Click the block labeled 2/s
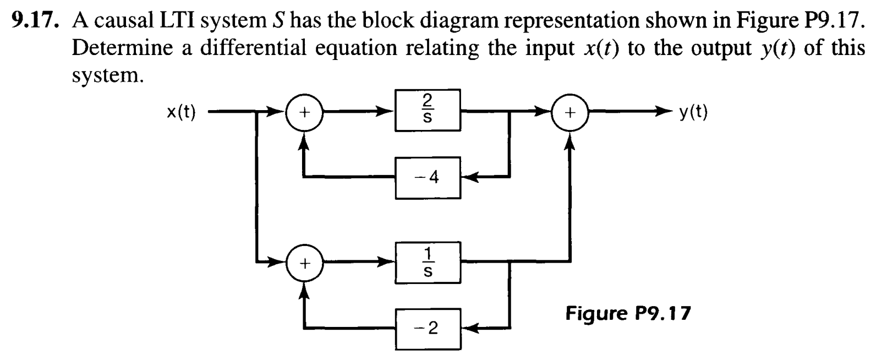tap(428, 110)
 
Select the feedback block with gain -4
tap(428, 178)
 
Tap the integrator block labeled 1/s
tap(428, 262)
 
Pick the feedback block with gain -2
tap(428, 329)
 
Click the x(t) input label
tap(181, 112)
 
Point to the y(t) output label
tap(693, 112)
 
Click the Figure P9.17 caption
tap(628, 314)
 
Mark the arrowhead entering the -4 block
tap(468, 178)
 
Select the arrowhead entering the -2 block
tap(468, 329)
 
